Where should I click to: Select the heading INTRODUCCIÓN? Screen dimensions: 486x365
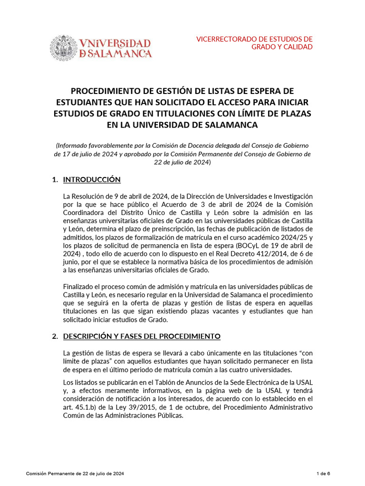(x=92, y=179)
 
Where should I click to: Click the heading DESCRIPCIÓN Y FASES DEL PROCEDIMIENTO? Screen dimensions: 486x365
(x=142, y=336)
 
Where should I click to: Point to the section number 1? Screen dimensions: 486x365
(x=55, y=179)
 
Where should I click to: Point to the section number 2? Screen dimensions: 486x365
(x=55, y=336)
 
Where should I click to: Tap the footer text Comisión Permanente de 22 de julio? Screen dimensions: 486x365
(x=76, y=474)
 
